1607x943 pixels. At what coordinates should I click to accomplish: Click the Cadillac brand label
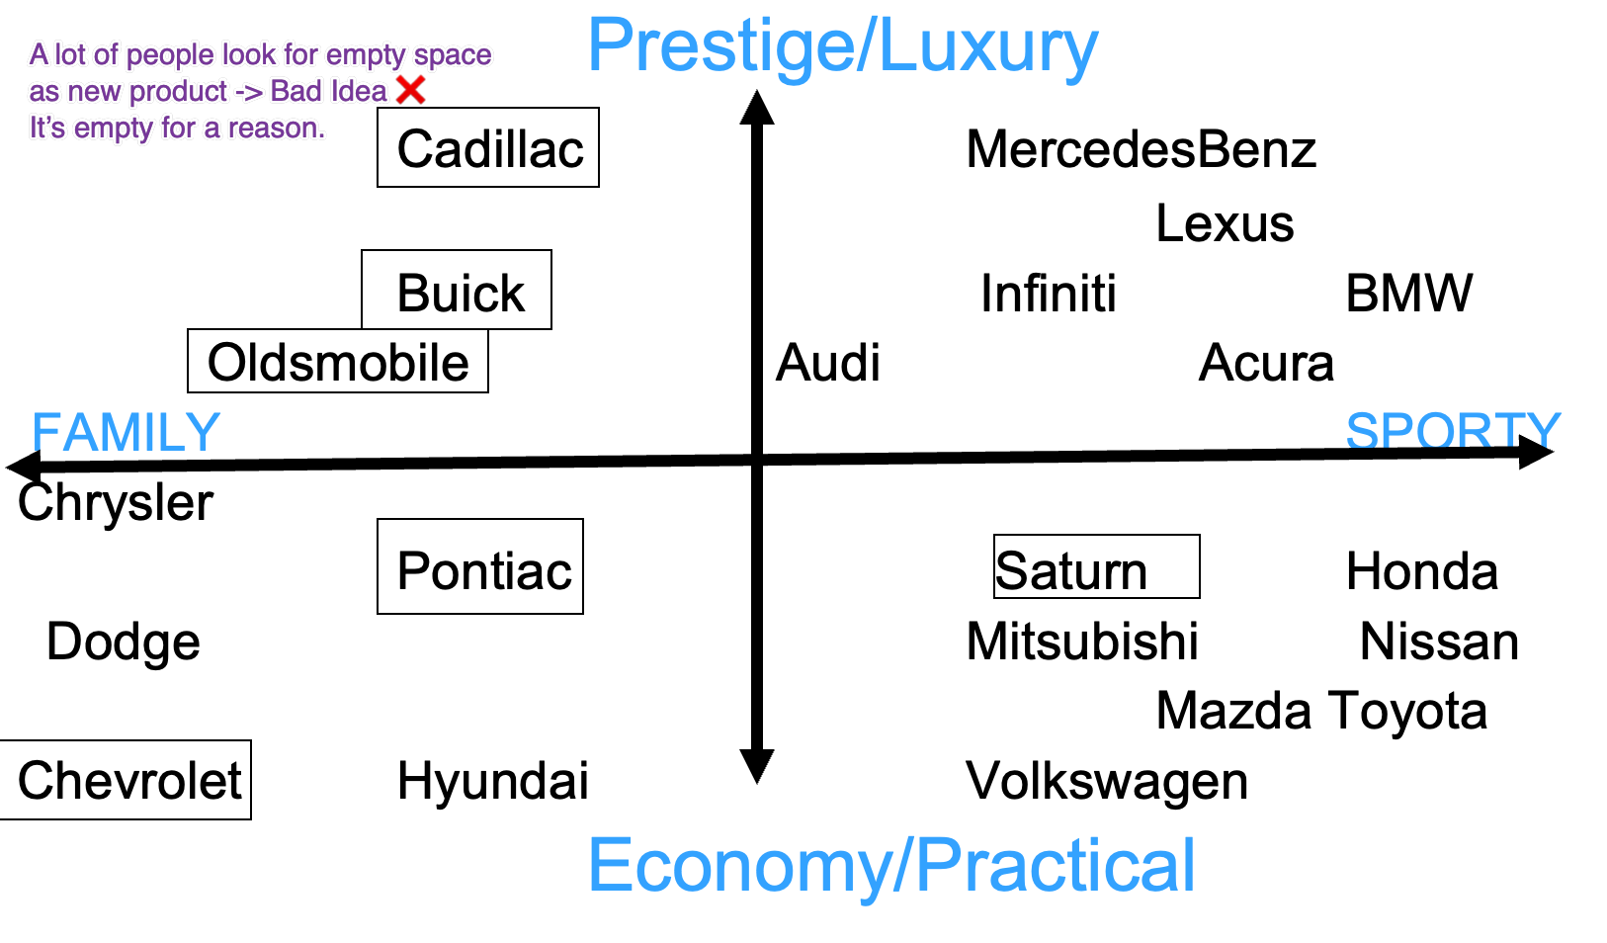(489, 148)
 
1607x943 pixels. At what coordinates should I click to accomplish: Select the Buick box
(459, 292)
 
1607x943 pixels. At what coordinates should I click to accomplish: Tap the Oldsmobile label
(338, 362)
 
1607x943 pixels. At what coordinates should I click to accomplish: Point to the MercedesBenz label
(1141, 149)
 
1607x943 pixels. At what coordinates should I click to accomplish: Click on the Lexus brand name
(1225, 223)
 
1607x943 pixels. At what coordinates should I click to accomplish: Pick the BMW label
(1408, 293)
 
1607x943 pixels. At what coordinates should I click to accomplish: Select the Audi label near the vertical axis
(827, 362)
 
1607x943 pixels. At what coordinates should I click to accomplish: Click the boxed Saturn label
(1095, 568)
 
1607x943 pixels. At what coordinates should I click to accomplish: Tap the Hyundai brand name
(492, 780)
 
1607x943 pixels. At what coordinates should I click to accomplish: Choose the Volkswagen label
(1107, 780)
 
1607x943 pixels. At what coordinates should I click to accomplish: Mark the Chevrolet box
(127, 780)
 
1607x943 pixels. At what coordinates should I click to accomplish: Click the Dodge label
(124, 642)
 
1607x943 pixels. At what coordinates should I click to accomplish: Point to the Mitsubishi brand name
(1082, 642)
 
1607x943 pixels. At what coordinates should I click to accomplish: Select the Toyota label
(1408, 711)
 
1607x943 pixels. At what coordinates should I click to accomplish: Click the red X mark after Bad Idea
(410, 90)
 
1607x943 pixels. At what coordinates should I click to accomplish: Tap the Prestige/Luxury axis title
(842, 45)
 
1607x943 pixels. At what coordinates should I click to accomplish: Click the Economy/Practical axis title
(891, 865)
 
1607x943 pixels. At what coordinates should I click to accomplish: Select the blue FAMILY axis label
(126, 431)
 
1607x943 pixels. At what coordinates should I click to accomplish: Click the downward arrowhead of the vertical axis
(757, 766)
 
